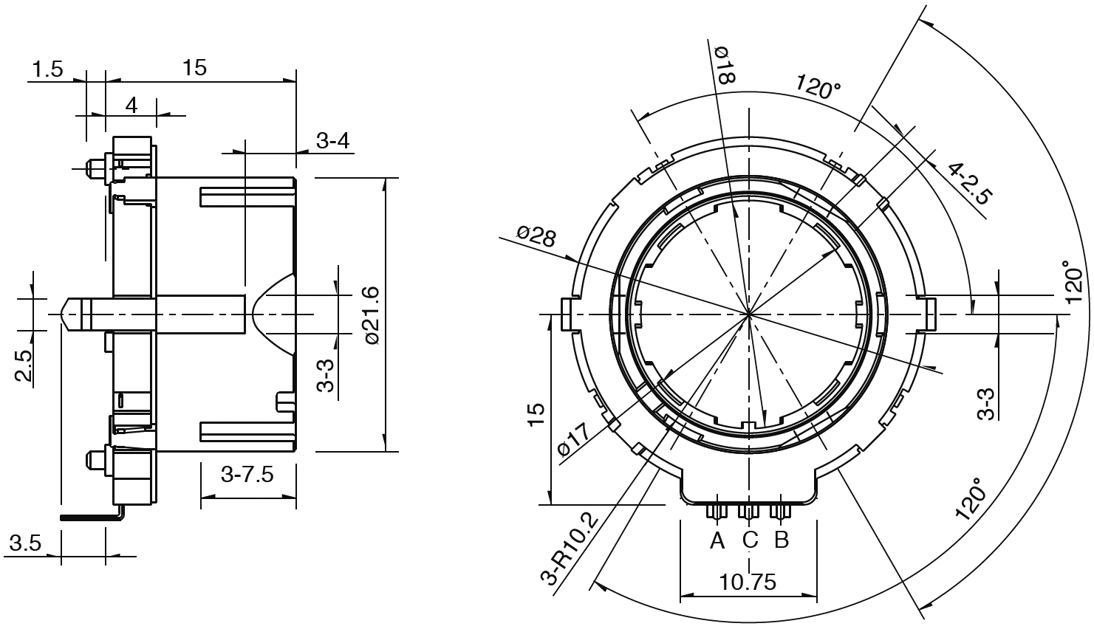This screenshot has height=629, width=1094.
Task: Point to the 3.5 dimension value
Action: [x=24, y=545]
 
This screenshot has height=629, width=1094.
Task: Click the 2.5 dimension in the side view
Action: [x=24, y=365]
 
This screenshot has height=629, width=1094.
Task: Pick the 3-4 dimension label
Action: [x=333, y=141]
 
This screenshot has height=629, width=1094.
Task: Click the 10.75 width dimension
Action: [x=748, y=582]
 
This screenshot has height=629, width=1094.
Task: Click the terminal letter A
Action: [x=717, y=540]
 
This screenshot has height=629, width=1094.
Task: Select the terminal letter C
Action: [x=749, y=540]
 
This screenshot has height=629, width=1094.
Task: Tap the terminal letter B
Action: [x=782, y=540]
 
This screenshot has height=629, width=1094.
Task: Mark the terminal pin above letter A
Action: [x=716, y=511]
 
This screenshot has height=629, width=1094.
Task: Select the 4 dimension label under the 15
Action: [x=131, y=105]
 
